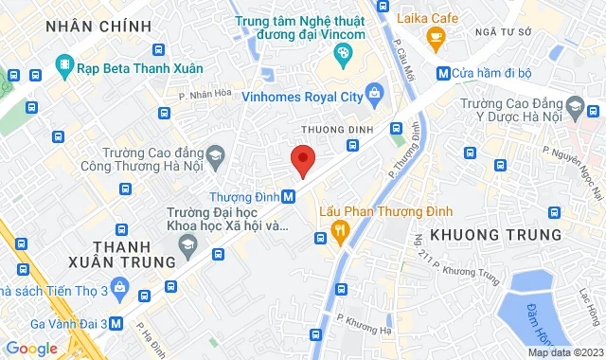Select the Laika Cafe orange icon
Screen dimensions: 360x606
tap(436, 39)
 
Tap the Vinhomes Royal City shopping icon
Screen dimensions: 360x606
tap(375, 94)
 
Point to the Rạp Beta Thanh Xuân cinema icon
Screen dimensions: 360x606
tap(63, 66)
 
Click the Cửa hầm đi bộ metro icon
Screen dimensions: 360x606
tap(443, 74)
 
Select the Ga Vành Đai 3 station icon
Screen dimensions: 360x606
tap(116, 322)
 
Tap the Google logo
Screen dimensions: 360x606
tap(31, 348)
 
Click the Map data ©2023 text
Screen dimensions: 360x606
tap(563, 353)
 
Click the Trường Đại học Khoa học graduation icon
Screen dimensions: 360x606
tap(187, 245)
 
